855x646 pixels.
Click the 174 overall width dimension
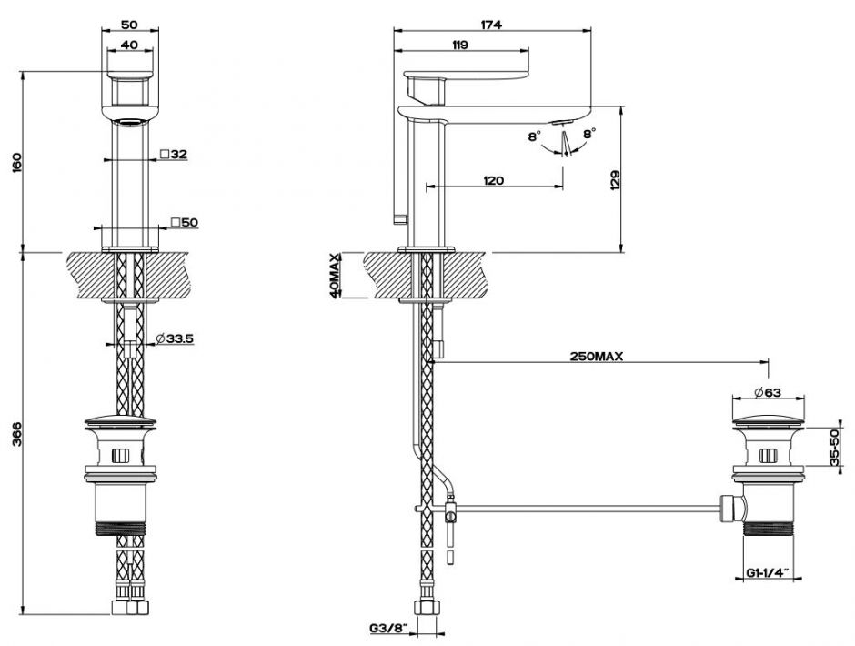[491, 25]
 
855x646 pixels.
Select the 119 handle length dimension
[460, 45]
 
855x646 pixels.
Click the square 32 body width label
[174, 155]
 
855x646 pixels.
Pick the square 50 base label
[184, 222]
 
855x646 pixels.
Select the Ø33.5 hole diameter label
[175, 338]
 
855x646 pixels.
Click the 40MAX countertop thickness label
[334, 276]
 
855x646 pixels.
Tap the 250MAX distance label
[597, 357]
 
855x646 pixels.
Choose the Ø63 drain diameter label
[768, 392]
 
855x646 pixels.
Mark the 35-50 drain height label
[834, 447]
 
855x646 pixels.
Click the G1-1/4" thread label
[768, 572]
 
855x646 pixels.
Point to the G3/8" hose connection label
[389, 628]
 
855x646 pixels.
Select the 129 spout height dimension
[616, 180]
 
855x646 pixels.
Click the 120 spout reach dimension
[494, 180]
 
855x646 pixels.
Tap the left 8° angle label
[535, 136]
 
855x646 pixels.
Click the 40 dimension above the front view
[128, 45]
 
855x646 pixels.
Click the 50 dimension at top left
[129, 25]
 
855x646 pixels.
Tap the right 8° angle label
[589, 133]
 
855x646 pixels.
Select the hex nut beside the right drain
[728, 509]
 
